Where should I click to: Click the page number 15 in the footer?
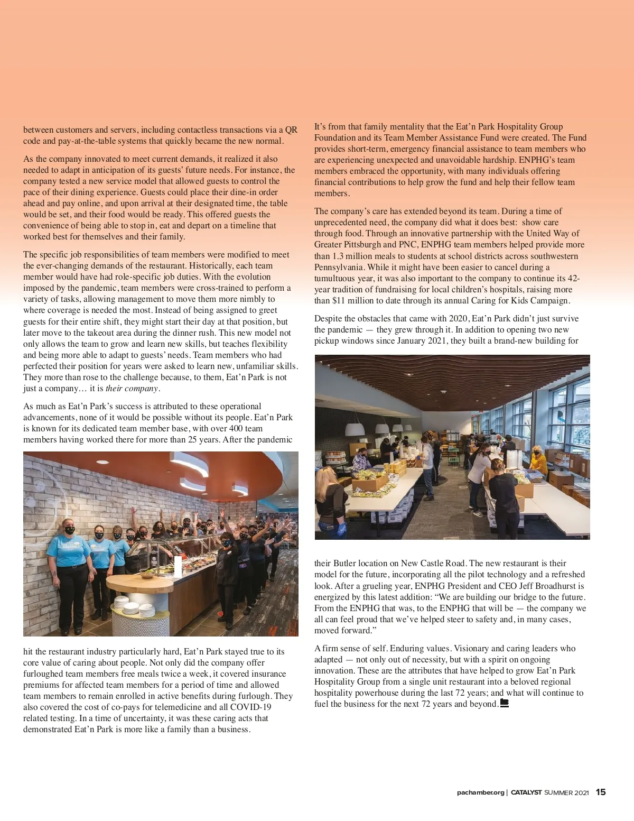(x=601, y=792)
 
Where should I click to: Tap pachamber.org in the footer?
(x=480, y=792)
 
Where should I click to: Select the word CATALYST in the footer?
(x=526, y=792)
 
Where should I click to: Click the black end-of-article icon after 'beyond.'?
(x=504, y=704)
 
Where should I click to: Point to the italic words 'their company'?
(x=132, y=389)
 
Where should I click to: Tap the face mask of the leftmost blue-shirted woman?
(x=70, y=530)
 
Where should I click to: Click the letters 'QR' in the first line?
(x=291, y=130)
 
